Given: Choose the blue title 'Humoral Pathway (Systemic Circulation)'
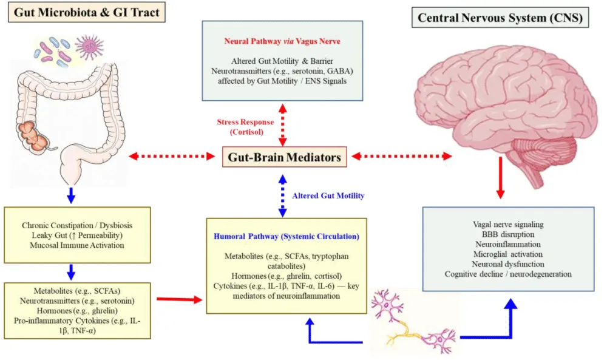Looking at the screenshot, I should click(285, 236).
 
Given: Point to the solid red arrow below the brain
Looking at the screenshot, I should click(501, 177).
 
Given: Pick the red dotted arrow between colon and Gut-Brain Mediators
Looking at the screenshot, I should click(172, 157).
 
